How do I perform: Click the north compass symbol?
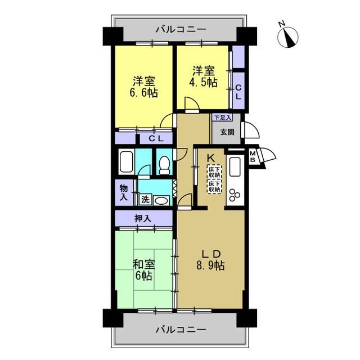[x=287, y=37]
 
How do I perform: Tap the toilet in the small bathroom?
[x=164, y=165]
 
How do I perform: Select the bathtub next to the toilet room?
[x=126, y=161]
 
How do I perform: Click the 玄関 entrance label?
[x=227, y=132]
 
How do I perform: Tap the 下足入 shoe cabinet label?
[x=222, y=118]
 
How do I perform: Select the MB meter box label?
[x=253, y=157]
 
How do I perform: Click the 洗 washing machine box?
[x=145, y=200]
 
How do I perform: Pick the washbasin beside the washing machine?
[x=161, y=200]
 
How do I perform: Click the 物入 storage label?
[x=124, y=192]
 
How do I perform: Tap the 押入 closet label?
[x=142, y=219]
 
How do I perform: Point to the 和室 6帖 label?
[x=144, y=270]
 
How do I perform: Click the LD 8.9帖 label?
[x=210, y=260]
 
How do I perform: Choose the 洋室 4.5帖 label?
[x=203, y=76]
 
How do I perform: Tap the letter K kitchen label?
[x=211, y=158]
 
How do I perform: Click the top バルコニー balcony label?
[x=181, y=30]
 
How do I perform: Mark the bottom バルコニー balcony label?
[x=181, y=330]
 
